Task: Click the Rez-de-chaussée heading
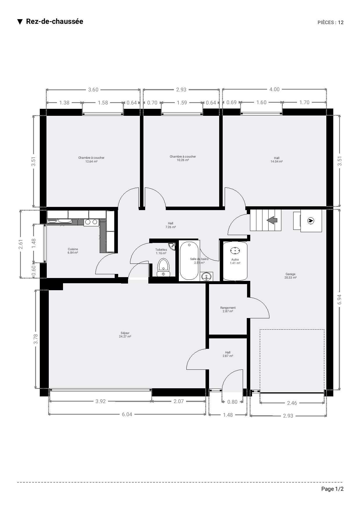pyautogui.click(x=54, y=21)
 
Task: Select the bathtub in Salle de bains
pyautogui.click(x=189, y=260)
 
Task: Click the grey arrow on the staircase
pyautogui.click(x=272, y=220)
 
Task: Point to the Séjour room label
pyautogui.click(x=125, y=335)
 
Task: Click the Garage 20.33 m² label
pyautogui.click(x=291, y=276)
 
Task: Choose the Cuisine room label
pyautogui.click(x=73, y=251)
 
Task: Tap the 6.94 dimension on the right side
pyautogui.click(x=339, y=299)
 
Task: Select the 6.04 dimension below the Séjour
pyautogui.click(x=127, y=414)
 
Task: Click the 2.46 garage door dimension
pyautogui.click(x=292, y=403)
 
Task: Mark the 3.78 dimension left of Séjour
pyautogui.click(x=36, y=339)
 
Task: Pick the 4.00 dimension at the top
pyautogui.click(x=274, y=89)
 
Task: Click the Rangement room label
pyautogui.click(x=228, y=309)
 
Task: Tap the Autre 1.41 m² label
pyautogui.click(x=235, y=261)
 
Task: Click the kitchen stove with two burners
pyautogui.click(x=91, y=222)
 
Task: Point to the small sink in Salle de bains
pyautogui.click(x=206, y=277)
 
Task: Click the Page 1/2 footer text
pyautogui.click(x=332, y=489)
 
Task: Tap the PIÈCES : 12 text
pyautogui.click(x=331, y=22)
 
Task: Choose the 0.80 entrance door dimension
pyautogui.click(x=232, y=402)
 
